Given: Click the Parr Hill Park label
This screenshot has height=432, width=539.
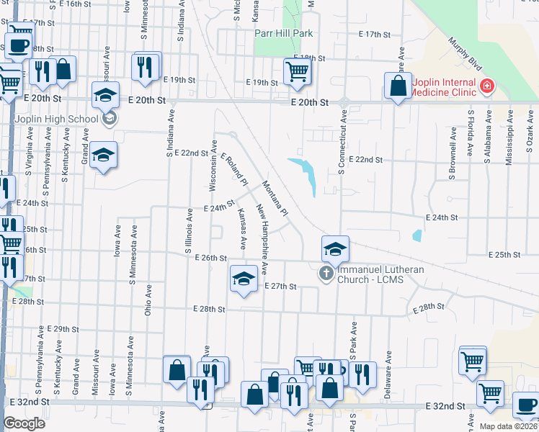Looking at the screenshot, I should (284, 33).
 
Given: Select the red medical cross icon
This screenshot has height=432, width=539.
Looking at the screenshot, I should (488, 86).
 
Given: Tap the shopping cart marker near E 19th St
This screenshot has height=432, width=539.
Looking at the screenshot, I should (297, 71).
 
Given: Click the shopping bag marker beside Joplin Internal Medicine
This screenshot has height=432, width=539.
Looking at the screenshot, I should (397, 86).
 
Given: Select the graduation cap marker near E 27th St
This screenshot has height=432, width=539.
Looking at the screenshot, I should (244, 278).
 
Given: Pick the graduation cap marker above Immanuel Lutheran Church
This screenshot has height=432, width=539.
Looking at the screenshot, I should (335, 248).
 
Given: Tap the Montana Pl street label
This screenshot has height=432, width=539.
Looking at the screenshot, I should (275, 198).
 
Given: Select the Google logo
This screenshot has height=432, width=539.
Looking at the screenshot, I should (24, 424).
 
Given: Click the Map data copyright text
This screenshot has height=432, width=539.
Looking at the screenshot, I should (509, 426).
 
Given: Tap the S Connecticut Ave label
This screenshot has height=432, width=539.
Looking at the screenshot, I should (342, 142).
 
